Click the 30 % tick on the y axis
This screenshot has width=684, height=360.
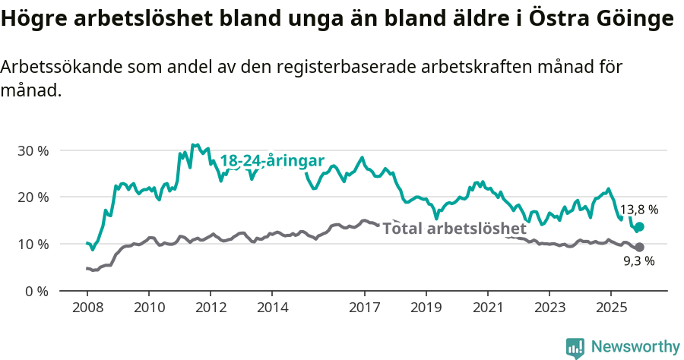point(33,150)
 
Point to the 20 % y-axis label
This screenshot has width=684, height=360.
point(33,197)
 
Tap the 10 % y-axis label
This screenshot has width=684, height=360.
point(33,245)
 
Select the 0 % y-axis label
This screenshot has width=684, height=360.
point(36,292)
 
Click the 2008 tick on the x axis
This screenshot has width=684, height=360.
point(87,308)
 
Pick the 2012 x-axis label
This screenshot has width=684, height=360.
point(211,308)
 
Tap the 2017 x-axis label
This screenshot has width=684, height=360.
point(364,308)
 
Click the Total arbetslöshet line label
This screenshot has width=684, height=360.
point(454,229)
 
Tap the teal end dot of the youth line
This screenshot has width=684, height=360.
point(639,227)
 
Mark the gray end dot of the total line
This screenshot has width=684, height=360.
point(639,248)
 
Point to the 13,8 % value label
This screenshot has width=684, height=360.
point(639,210)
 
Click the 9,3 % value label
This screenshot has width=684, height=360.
point(639,261)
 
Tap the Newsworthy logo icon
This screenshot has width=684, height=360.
point(575,347)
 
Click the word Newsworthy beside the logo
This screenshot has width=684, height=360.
point(635,347)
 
